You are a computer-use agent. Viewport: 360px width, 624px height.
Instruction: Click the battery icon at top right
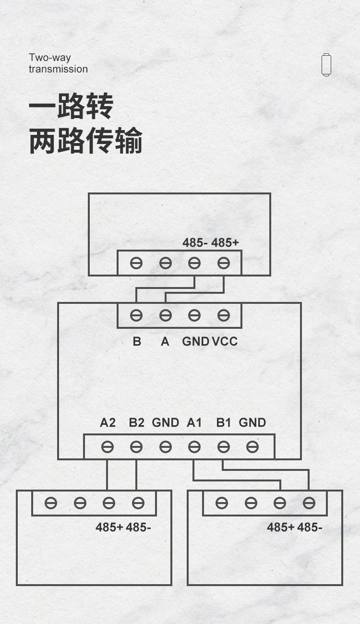(326, 64)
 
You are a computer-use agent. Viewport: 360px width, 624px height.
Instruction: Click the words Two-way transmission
(58, 63)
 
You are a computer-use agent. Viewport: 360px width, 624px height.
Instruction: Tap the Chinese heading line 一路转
(71, 107)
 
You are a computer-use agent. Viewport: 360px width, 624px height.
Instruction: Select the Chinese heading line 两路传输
(86, 141)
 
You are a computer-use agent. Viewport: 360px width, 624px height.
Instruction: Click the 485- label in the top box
(195, 243)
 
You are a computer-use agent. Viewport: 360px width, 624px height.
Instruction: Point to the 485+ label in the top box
(225, 243)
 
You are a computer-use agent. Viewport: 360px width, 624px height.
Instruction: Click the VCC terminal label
(225, 341)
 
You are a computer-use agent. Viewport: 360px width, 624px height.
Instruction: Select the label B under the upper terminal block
(137, 341)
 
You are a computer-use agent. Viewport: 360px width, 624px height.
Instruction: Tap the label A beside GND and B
(165, 341)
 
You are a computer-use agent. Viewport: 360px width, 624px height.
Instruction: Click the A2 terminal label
(108, 423)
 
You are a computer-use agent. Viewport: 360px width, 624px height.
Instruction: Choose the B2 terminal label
(136, 423)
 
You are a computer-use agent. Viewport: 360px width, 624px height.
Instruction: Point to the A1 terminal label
(194, 423)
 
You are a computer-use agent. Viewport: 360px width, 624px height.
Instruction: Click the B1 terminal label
(224, 423)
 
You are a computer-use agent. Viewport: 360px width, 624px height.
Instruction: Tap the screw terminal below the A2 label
(108, 447)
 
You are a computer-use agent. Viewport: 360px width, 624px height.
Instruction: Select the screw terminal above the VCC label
(223, 315)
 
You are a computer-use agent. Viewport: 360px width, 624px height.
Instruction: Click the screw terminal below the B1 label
(223, 447)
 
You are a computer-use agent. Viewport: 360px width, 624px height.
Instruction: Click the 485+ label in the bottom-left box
(109, 527)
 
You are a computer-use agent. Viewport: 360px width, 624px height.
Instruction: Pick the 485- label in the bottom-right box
(310, 527)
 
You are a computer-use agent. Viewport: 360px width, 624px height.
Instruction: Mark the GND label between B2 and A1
(165, 423)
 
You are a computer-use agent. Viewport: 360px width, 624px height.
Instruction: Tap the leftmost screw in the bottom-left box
(51, 503)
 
